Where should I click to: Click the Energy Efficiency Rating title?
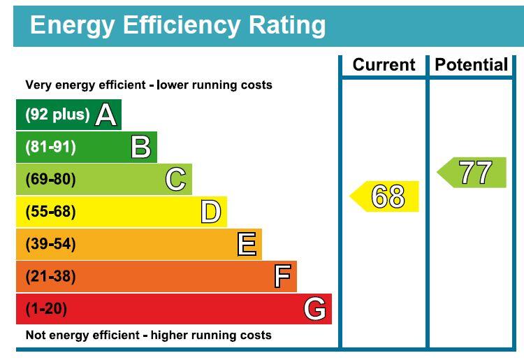click(x=177, y=25)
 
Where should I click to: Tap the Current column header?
click(x=384, y=65)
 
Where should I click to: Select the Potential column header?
click(x=471, y=65)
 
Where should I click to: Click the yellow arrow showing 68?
click(x=385, y=196)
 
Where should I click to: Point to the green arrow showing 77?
click(x=472, y=173)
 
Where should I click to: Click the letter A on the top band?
click(x=105, y=115)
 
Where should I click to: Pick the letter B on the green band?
click(x=141, y=147)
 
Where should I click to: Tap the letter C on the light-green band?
click(x=176, y=180)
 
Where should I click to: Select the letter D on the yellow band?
click(x=210, y=212)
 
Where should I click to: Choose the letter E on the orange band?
click(x=247, y=244)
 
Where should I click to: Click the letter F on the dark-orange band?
click(x=282, y=276)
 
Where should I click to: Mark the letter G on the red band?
click(x=315, y=308)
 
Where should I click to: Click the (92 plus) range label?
click(x=58, y=115)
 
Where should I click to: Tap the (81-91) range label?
click(x=50, y=147)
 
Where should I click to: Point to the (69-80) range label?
click(x=50, y=180)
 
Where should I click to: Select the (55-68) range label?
click(x=50, y=212)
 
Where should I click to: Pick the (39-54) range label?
click(x=50, y=244)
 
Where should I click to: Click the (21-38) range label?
click(x=50, y=276)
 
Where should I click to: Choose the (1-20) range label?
click(x=46, y=308)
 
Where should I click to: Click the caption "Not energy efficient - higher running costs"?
click(x=148, y=336)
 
